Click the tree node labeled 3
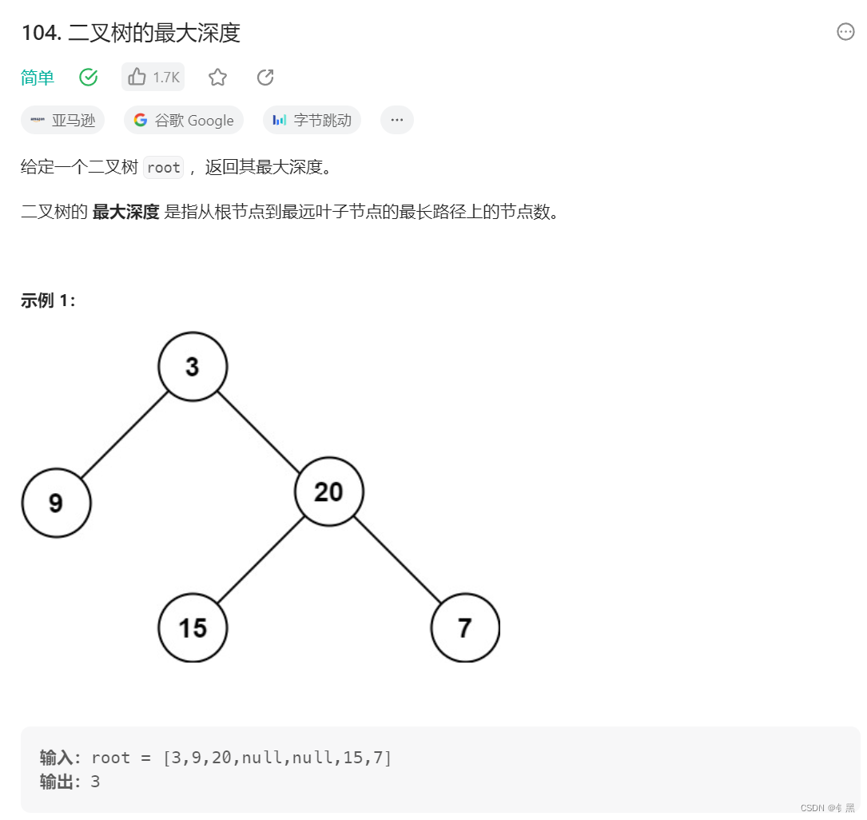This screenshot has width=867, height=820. click(193, 366)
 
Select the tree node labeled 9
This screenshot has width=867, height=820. click(56, 503)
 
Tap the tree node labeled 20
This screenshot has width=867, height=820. click(329, 492)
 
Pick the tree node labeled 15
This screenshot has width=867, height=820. click(193, 627)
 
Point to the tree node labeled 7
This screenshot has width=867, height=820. click(465, 627)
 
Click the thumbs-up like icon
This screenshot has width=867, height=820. click(137, 77)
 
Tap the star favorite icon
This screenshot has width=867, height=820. click(217, 77)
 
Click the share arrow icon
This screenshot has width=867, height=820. click(265, 77)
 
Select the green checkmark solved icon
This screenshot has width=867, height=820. click(89, 77)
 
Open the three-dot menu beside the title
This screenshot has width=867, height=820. click(845, 32)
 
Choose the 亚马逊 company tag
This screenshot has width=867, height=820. click(63, 120)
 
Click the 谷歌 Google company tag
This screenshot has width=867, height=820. click(184, 120)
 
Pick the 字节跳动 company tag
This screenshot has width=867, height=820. click(312, 120)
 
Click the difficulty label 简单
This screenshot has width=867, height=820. click(38, 78)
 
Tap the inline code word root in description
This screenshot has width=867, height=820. click(164, 167)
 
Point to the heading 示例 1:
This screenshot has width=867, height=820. click(48, 301)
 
